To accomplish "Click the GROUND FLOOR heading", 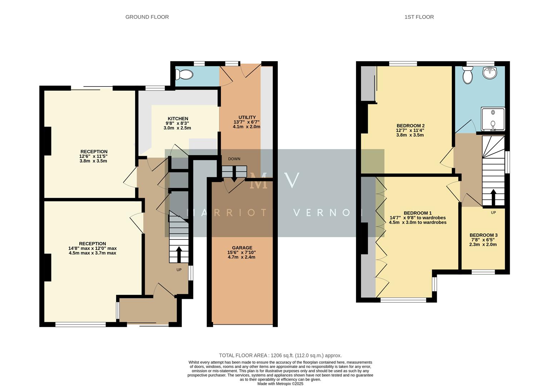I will pos(147,17).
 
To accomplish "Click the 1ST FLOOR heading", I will pos(419,17).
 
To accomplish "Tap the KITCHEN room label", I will pos(178,119).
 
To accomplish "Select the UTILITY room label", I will pos(247,117).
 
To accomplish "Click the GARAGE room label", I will pos(242,248).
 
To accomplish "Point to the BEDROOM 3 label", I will pos(483,235).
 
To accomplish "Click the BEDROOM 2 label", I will pos(410,125).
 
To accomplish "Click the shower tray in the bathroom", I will pos(493,119).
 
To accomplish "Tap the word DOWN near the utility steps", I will pos(234,159).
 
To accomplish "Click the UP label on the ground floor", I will pos(179,270).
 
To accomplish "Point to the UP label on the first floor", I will pos(493,213).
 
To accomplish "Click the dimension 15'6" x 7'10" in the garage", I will pos(242,252).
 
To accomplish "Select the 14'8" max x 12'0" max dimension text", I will pos(92,248).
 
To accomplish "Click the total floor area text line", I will pos(280,355).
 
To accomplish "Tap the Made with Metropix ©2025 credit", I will pos(280,383).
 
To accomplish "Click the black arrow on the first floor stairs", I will pos(493,196).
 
